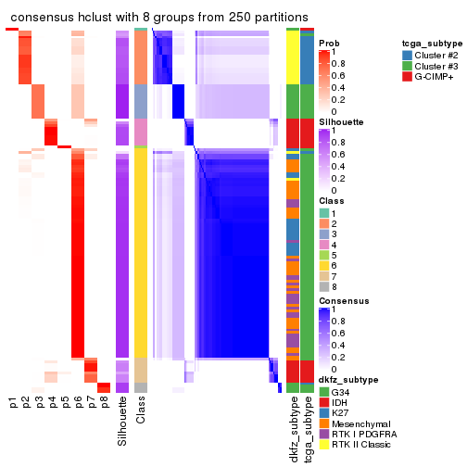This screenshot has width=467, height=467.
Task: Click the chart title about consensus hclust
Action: [159, 17]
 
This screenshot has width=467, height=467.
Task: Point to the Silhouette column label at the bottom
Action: [122, 422]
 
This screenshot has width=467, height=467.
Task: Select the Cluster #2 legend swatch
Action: [408, 55]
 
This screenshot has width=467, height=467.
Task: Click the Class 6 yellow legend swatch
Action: [323, 265]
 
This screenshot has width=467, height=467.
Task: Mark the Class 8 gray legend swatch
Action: [323, 287]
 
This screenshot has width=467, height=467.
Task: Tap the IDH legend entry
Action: [340, 402]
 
